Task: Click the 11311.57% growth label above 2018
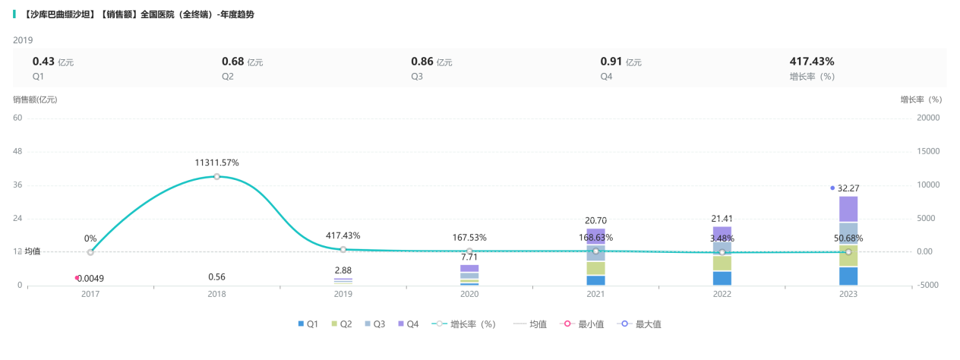click(x=216, y=163)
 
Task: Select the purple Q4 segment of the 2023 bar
click(x=848, y=209)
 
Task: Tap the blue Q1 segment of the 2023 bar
click(x=848, y=276)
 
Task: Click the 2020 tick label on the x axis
click(x=469, y=294)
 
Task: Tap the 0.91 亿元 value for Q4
click(x=621, y=62)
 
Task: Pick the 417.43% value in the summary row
click(x=812, y=62)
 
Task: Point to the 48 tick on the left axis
click(x=17, y=151)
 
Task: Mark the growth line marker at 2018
click(x=216, y=176)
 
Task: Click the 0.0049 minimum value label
click(x=91, y=279)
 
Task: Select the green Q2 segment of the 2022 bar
click(x=722, y=263)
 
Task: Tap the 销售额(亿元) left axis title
click(x=35, y=99)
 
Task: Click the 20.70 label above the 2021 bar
click(x=595, y=220)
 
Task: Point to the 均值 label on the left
click(x=33, y=251)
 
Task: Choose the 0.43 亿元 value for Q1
click(x=52, y=62)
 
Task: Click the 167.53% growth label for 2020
click(x=469, y=237)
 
